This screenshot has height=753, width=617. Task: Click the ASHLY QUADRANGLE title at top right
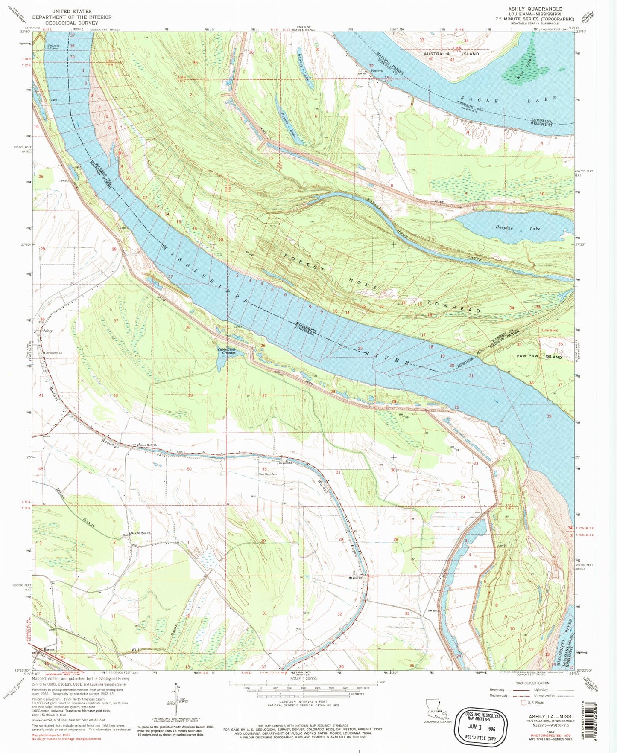(x=535, y=9)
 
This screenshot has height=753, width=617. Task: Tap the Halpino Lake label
(x=517, y=229)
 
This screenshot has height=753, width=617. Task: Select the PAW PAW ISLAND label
(x=539, y=356)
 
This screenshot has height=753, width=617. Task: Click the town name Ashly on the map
(x=48, y=331)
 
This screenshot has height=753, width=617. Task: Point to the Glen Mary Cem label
(x=268, y=474)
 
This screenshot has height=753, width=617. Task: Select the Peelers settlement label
(x=376, y=71)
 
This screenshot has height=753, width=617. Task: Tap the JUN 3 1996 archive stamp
(x=482, y=724)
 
